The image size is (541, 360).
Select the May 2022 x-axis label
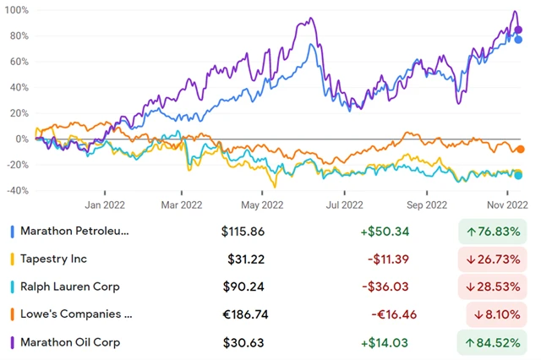coord(262,204)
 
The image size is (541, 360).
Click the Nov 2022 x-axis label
coord(506,204)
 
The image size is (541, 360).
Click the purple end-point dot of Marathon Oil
coord(518,30)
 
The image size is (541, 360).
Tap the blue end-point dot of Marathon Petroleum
coord(518,40)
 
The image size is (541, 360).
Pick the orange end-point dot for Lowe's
coord(520,150)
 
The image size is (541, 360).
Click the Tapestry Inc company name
coord(53,259)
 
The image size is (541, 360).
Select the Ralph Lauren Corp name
coord(70,286)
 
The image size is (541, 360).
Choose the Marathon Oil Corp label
coord(70,342)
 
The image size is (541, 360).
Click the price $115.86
coord(243,231)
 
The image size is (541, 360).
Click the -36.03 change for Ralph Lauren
coord(386,286)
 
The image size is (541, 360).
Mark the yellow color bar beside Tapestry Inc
coord(11,259)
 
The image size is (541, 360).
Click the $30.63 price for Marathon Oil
coord(245,342)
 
